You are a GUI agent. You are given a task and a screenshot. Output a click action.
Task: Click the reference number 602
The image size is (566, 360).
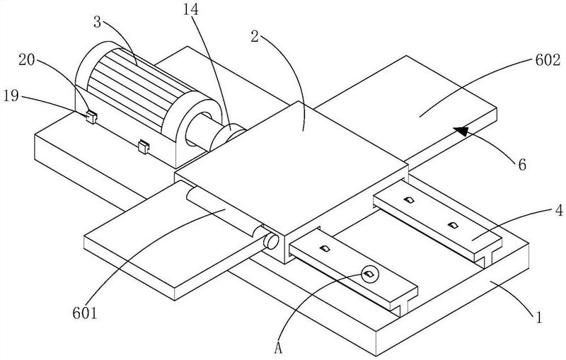(548, 60)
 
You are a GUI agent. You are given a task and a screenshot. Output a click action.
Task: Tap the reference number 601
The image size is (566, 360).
(85, 313)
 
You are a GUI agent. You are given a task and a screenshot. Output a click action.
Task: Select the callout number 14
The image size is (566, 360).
(190, 10)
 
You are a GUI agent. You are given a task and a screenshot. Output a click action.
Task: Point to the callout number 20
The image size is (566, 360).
(27, 60)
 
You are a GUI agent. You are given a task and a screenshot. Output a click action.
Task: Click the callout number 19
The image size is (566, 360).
(11, 96)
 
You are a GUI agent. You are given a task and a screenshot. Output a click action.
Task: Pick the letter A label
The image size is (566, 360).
(278, 348)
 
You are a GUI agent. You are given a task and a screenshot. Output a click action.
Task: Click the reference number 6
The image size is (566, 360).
(522, 165)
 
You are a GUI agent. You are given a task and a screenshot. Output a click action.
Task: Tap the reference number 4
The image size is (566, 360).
(559, 210)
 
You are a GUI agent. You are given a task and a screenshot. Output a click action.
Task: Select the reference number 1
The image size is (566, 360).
(539, 318)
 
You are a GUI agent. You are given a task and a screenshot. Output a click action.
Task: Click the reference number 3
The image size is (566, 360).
(97, 23)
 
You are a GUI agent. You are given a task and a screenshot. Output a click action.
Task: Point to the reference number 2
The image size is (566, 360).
(255, 37)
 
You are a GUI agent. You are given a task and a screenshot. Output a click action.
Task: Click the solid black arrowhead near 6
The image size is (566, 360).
(461, 131)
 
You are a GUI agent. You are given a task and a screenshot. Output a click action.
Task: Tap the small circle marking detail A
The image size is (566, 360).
(369, 274)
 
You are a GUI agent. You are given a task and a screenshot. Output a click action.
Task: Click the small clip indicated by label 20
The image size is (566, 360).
(92, 117)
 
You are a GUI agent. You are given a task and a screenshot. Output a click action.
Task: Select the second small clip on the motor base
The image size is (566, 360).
(144, 146)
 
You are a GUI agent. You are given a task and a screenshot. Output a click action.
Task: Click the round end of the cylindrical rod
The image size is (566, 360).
(271, 241)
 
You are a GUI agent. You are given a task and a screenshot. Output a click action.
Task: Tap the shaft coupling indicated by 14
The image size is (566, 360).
(228, 136)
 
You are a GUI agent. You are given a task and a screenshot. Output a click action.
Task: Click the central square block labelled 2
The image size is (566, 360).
(291, 174)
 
